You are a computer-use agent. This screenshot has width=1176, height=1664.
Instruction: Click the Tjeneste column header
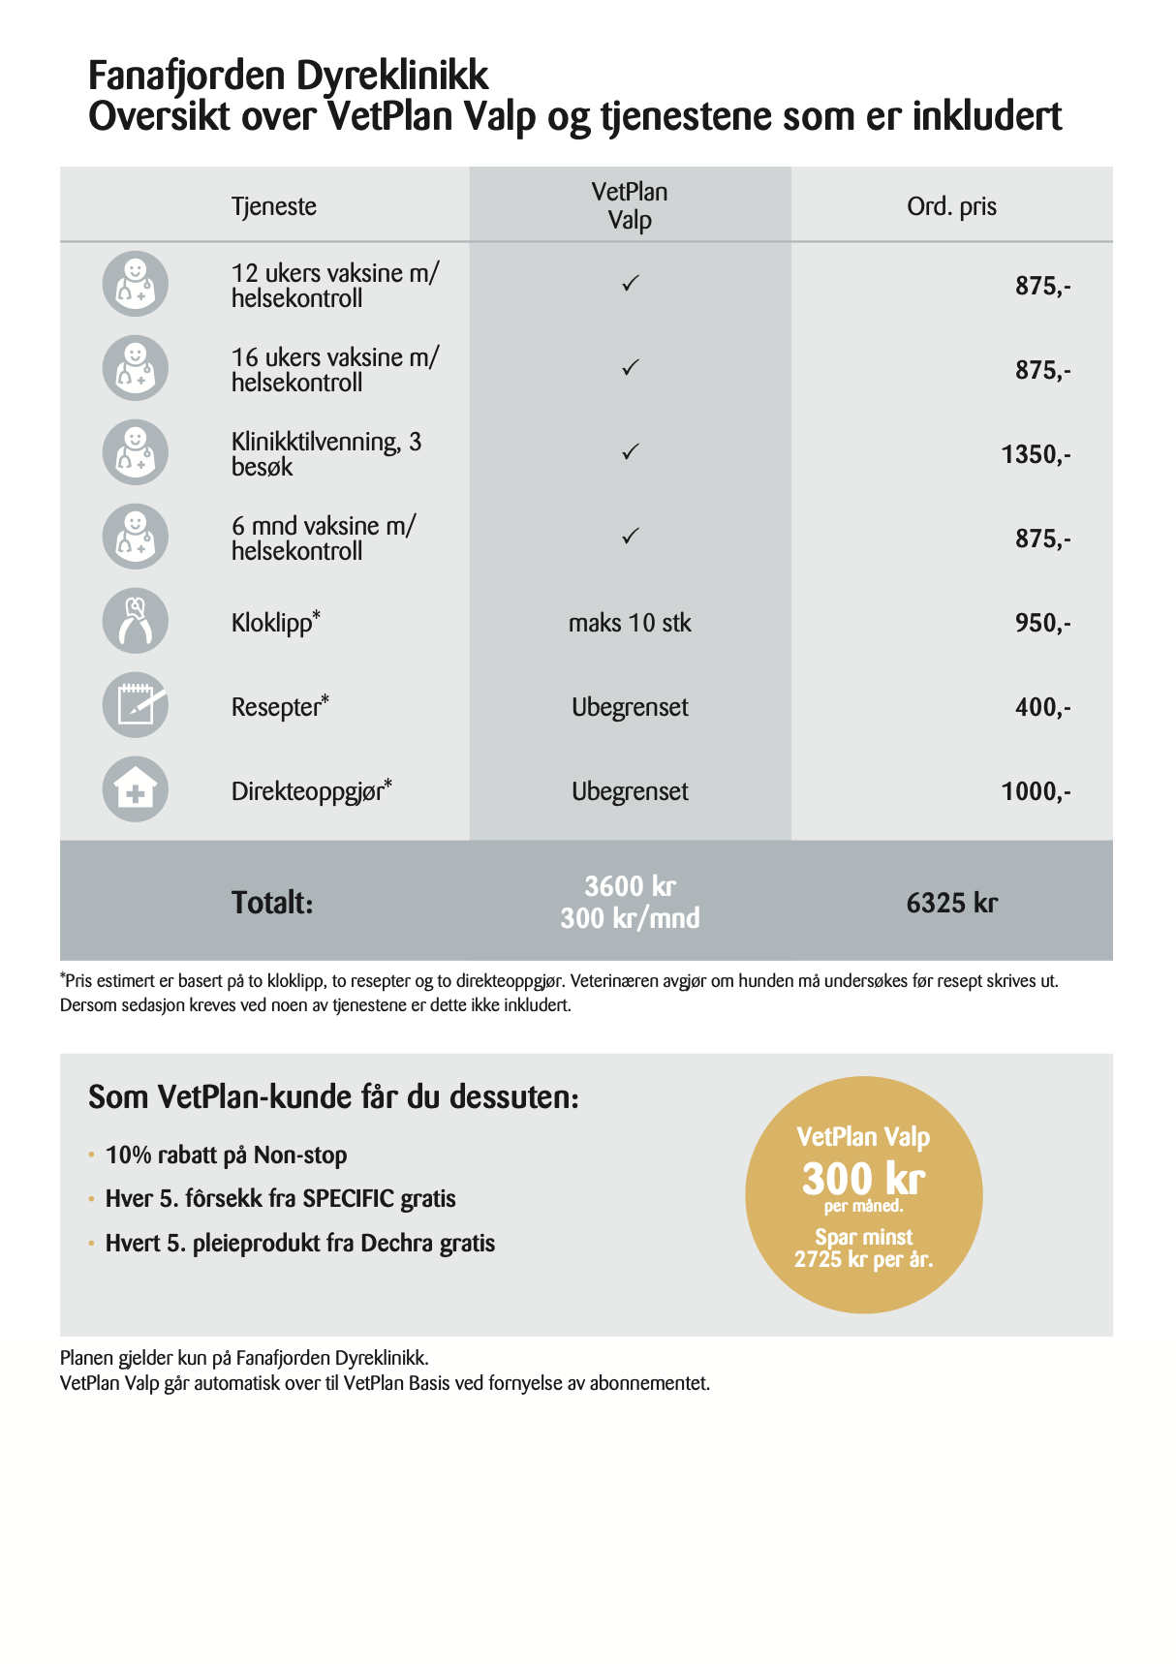click(x=274, y=206)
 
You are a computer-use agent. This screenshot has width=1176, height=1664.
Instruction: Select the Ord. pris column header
click(x=951, y=206)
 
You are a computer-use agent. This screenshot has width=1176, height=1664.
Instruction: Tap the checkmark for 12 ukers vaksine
click(x=631, y=284)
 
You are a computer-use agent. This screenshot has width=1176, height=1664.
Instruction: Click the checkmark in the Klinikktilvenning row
click(x=631, y=452)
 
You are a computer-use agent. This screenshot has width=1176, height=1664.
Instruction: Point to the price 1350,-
click(x=1036, y=454)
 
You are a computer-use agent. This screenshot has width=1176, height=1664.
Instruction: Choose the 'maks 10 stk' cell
click(x=630, y=623)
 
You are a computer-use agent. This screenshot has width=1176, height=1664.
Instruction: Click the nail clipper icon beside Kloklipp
click(x=136, y=622)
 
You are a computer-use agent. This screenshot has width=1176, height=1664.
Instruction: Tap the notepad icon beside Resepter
click(x=136, y=705)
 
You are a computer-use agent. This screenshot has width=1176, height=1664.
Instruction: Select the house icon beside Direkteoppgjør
click(x=136, y=789)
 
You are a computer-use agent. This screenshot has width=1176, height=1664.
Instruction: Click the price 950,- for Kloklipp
click(x=1042, y=623)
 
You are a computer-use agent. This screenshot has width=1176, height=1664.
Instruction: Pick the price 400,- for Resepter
click(x=1042, y=707)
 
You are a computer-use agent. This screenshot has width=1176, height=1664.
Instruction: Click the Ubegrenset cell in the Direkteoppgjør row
click(x=630, y=791)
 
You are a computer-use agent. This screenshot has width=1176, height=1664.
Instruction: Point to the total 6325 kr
click(x=951, y=903)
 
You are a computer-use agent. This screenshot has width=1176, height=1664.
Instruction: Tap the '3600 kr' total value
click(x=630, y=886)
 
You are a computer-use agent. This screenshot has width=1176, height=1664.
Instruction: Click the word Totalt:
click(x=272, y=903)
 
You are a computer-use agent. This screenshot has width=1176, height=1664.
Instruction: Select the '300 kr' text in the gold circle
click(x=863, y=1179)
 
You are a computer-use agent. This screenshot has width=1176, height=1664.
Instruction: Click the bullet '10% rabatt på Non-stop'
click(x=226, y=1155)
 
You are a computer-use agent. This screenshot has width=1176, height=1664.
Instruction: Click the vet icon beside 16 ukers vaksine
click(x=136, y=369)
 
